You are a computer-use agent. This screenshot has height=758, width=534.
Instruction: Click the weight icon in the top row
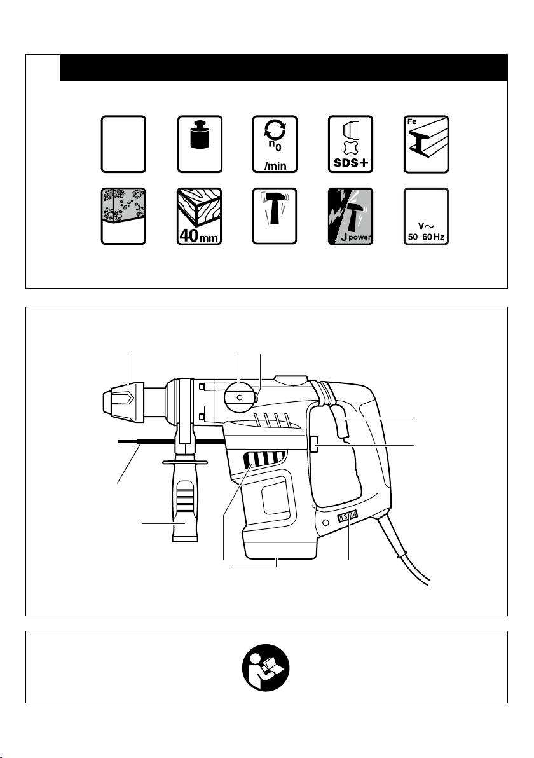[200, 144]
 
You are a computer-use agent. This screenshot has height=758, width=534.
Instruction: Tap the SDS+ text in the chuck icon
[351, 162]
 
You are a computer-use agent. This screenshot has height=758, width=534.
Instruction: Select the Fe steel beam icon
[426, 144]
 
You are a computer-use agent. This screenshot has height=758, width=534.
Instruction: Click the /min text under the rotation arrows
[275, 167]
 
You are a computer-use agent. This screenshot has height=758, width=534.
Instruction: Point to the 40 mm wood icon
[200, 216]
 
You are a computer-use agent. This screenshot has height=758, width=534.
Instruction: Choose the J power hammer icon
[351, 216]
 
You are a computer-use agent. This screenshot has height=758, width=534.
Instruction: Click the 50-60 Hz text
[426, 237]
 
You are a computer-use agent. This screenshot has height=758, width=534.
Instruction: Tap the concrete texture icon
[123, 216]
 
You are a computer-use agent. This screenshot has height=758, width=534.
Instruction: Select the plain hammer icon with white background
[275, 216]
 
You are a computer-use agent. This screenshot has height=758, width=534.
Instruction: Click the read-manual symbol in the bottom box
[266, 667]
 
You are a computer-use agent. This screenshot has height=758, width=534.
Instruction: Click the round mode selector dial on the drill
[240, 396]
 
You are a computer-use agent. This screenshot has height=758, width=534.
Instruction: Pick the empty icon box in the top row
[123, 144]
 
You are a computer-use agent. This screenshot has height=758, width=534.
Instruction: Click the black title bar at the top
[284, 67]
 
